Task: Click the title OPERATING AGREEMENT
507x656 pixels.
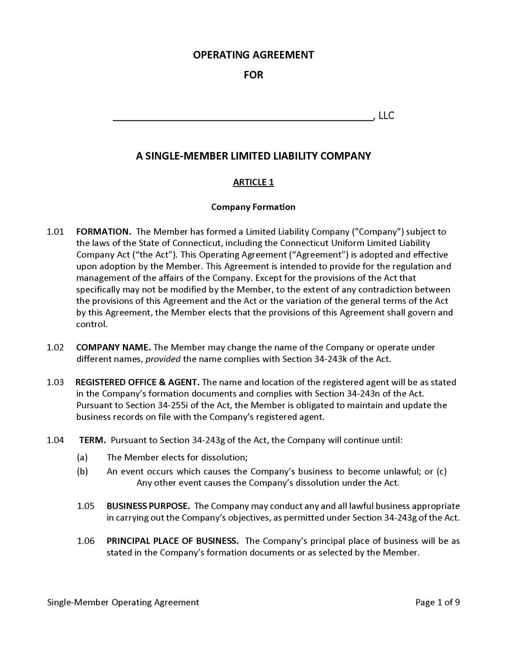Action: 253,55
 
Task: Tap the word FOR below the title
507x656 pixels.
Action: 253,75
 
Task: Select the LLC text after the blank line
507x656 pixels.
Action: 386,116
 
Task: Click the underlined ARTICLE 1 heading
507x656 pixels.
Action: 253,182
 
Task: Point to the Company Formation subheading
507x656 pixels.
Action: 253,207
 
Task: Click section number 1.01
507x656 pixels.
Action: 55,232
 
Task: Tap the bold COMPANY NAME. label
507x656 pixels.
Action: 113,348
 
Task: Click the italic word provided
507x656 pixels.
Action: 163,359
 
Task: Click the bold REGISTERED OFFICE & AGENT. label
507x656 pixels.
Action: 138,382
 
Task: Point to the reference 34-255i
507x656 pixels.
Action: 168,405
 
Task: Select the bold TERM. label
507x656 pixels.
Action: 93,440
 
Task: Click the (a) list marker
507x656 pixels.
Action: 82,457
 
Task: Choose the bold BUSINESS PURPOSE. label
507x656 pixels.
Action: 148,506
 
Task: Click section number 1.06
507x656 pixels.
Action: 86,541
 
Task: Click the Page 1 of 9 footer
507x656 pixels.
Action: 437,603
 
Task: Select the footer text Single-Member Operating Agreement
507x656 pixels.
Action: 123,603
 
